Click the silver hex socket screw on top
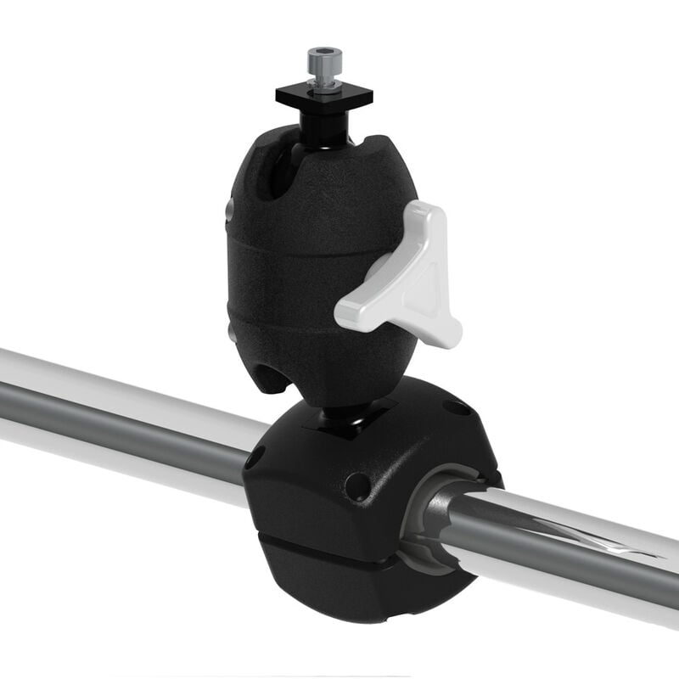point(325,61)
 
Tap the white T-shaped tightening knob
point(406,280)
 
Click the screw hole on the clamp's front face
point(357,485)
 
